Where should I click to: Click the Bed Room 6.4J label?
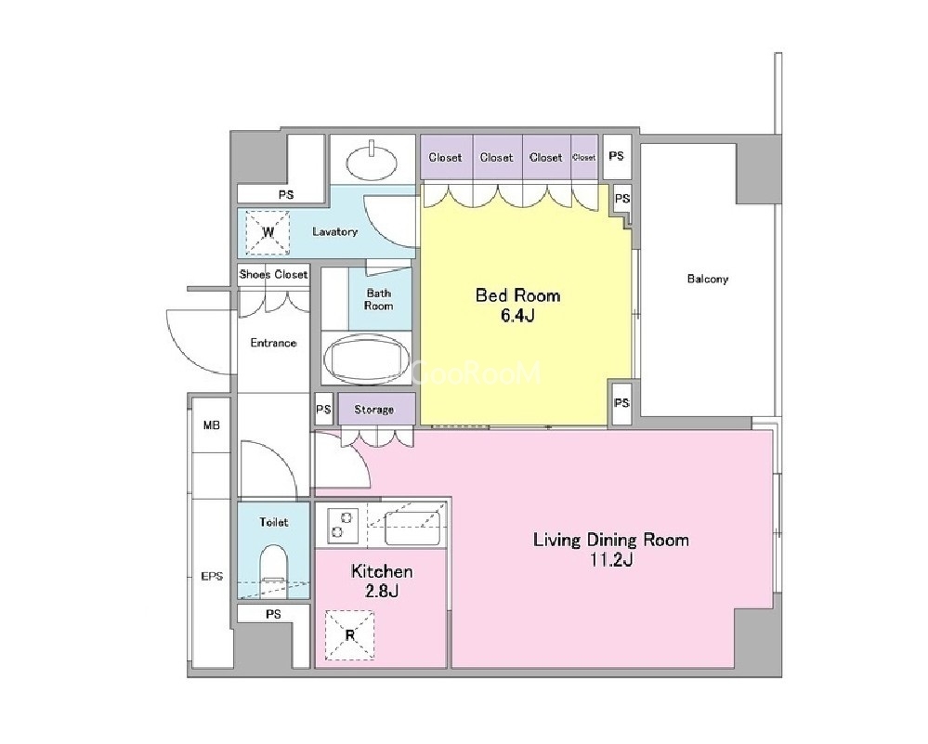click(517, 305)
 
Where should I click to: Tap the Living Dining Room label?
click(611, 540)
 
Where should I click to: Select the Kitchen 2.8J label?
click(382, 581)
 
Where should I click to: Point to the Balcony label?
click(708, 279)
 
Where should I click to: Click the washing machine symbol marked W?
click(268, 232)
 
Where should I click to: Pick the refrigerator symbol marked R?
click(350, 635)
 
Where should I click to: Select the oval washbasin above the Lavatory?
click(372, 159)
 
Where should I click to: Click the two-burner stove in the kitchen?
click(342, 525)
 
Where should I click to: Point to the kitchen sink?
click(413, 528)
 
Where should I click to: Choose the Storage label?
click(374, 410)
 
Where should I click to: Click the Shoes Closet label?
click(273, 275)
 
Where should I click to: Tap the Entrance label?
click(273, 343)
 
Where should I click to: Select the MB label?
click(211, 425)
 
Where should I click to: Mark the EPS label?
click(212, 576)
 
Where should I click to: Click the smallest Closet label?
click(584, 158)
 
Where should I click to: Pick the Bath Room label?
click(379, 299)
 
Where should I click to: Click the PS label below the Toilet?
click(273, 614)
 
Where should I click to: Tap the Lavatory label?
click(335, 232)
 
